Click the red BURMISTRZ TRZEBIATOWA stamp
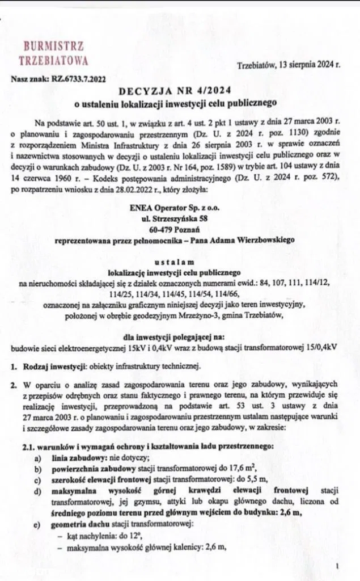click(53, 52)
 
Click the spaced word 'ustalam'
click(179, 262)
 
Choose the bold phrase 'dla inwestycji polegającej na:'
click(179, 336)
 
